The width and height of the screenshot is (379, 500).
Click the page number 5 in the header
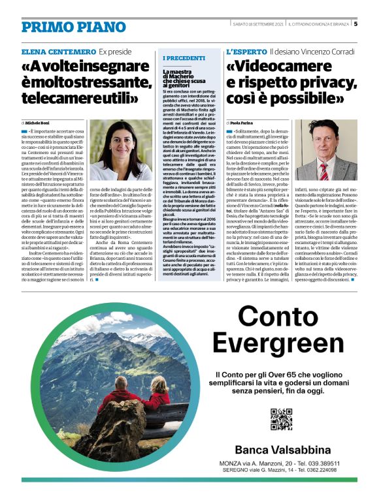[355, 24]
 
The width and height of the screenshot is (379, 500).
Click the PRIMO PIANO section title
[64, 27]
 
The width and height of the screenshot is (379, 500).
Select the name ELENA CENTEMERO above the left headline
[58, 51]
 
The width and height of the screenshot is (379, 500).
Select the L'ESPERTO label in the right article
[246, 51]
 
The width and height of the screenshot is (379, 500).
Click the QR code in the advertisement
[281, 419]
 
